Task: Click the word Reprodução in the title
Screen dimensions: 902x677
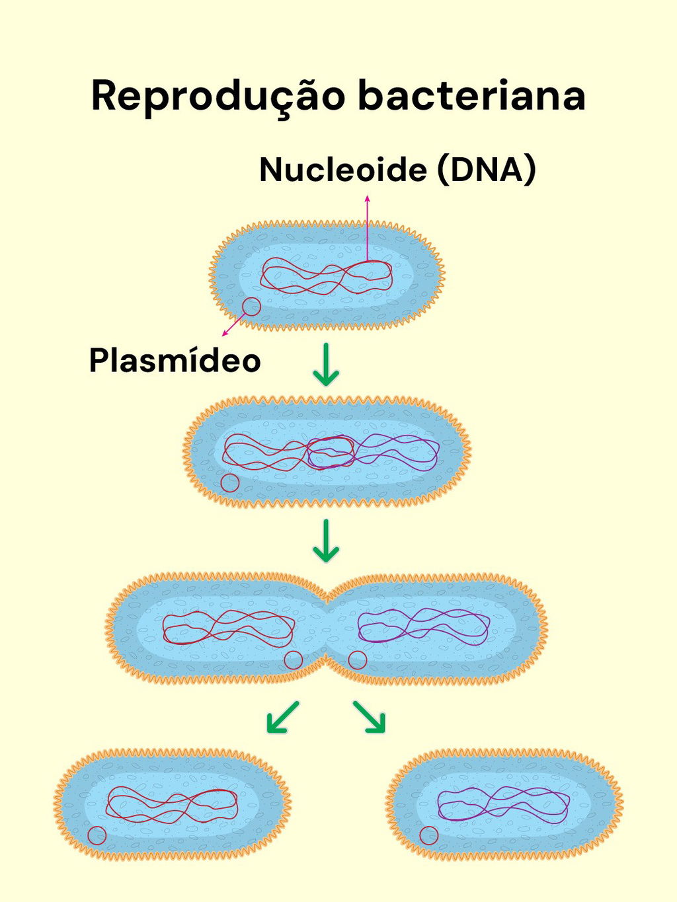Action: tap(218, 96)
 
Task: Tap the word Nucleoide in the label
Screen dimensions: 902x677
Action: tap(343, 170)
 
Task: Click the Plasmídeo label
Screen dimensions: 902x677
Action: tap(175, 361)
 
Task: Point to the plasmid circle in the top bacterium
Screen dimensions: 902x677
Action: tap(251, 307)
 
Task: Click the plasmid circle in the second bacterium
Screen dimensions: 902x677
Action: tap(229, 483)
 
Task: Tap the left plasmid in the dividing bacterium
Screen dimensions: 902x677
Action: tap(293, 659)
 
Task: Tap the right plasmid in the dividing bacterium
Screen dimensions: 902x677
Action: tap(357, 659)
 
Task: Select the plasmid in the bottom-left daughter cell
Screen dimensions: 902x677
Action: tap(97, 836)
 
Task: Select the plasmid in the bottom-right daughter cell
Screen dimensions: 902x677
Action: tap(428, 836)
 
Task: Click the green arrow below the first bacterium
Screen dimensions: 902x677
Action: tap(326, 365)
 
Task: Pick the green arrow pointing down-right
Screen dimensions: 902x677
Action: tap(370, 718)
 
